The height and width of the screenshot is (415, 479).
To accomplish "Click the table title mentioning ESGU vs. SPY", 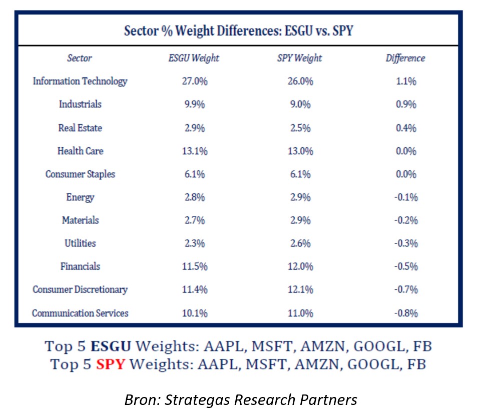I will [239, 31].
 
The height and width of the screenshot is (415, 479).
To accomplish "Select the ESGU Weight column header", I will [194, 58].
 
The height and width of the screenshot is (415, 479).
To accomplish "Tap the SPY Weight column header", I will [299, 58].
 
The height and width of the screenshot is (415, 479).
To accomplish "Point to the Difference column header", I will [405, 58].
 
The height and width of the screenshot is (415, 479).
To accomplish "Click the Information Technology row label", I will [80, 81].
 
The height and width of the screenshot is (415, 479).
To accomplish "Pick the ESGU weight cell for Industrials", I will [194, 105].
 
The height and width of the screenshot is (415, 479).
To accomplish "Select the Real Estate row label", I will [80, 128].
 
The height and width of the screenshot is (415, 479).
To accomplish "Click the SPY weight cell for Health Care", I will [299, 151].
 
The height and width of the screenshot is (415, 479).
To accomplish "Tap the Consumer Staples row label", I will [80, 174].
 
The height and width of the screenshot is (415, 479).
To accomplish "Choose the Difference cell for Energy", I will [405, 197].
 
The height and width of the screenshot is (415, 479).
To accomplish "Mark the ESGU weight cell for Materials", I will [194, 220].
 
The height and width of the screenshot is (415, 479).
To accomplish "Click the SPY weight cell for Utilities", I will [299, 243].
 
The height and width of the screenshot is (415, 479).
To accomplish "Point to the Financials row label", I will [80, 266].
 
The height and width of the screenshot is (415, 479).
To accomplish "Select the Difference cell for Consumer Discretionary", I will [405, 289].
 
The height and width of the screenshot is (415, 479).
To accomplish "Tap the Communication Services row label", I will [80, 313].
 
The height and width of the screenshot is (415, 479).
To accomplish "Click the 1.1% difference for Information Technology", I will [405, 81].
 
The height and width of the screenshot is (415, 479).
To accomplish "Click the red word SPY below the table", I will [109, 364].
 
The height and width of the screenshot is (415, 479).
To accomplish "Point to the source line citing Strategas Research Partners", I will [240, 399].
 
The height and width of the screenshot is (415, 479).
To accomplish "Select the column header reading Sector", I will [80, 58].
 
